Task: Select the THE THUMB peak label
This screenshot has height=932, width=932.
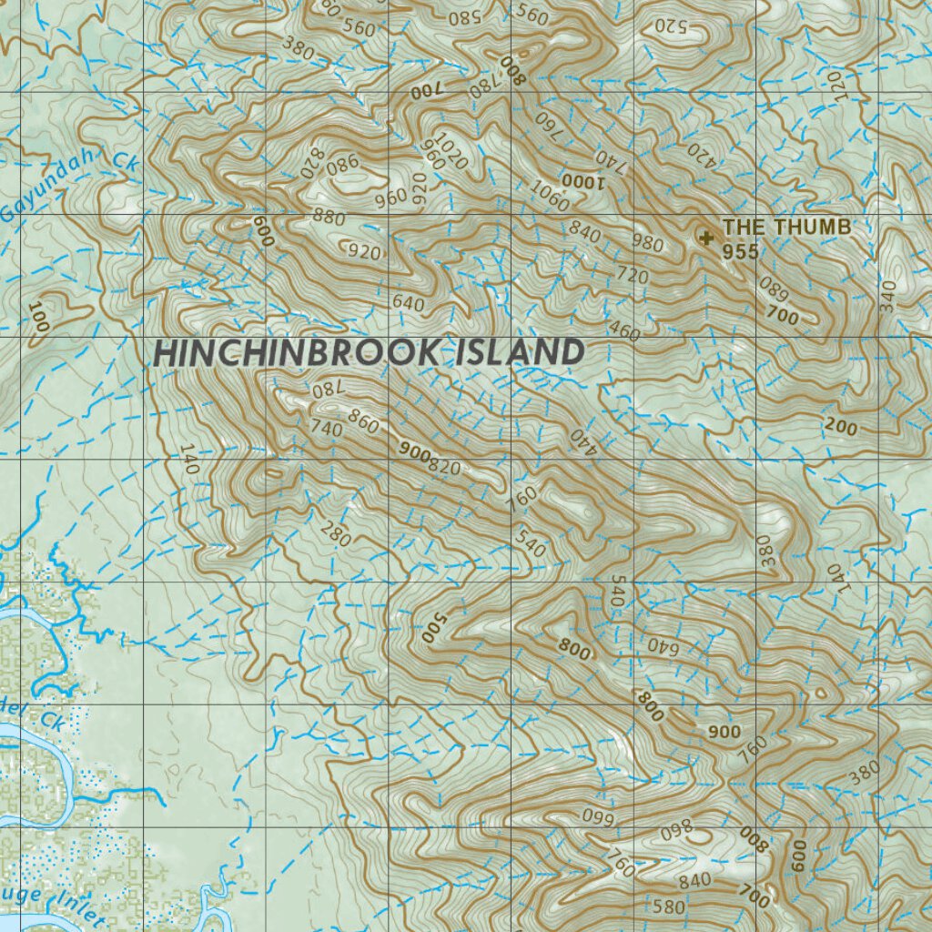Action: pyautogui.click(x=786, y=227)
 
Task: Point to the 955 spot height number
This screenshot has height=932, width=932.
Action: pyautogui.click(x=740, y=251)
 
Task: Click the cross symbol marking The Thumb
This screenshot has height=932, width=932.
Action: pyautogui.click(x=705, y=238)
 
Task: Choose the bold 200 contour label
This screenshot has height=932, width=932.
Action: pyautogui.click(x=839, y=428)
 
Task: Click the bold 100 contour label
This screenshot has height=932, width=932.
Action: pyautogui.click(x=38, y=318)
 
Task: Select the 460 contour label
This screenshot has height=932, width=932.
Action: pyautogui.click(x=623, y=330)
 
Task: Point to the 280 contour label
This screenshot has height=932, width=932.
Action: pyautogui.click(x=335, y=535)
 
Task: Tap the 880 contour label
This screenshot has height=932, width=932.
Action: pyautogui.click(x=329, y=217)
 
